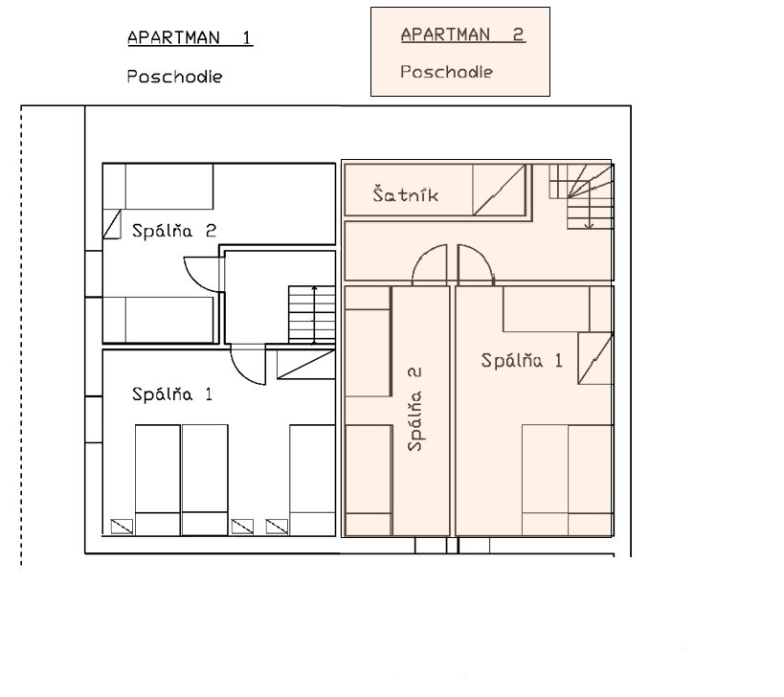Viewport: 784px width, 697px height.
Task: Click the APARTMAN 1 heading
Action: pos(190,38)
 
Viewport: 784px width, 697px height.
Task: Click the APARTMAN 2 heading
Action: pos(463,34)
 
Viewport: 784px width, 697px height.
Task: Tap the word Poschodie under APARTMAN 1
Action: pos(174,77)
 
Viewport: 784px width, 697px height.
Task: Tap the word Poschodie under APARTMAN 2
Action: pos(446,72)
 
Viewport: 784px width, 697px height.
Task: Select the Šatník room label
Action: pos(406,194)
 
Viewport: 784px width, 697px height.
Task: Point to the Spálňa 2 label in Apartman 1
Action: pos(174,230)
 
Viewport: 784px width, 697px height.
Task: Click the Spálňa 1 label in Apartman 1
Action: pos(172,394)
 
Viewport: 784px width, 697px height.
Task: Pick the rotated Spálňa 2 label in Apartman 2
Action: pos(414,410)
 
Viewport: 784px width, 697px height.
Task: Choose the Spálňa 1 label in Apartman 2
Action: pos(522,360)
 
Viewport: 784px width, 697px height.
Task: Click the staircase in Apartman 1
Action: pos(311,314)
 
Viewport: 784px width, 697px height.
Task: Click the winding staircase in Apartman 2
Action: pos(581,196)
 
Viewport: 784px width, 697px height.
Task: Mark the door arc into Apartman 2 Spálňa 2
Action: pos(421,256)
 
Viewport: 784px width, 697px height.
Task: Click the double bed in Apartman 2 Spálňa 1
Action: pos(568,480)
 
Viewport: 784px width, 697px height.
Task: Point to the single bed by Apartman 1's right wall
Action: pos(312,480)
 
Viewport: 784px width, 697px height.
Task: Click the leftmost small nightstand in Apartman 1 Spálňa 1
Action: pos(122,527)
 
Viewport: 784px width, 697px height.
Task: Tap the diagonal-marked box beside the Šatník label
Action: pos(499,190)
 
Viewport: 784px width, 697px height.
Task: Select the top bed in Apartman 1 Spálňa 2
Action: pos(158,186)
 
